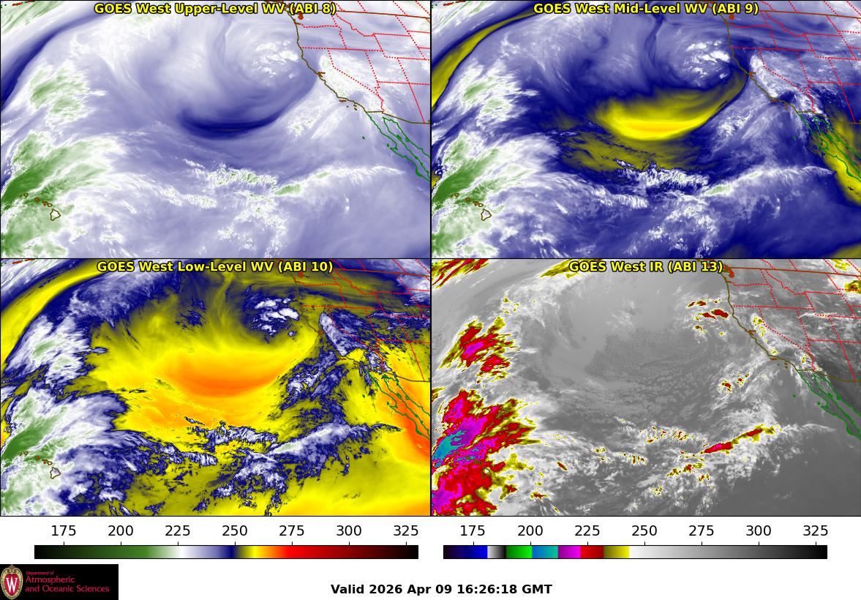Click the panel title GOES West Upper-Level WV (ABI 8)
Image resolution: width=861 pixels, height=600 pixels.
coord(215,9)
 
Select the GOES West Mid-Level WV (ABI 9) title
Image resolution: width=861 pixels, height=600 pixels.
coord(645,9)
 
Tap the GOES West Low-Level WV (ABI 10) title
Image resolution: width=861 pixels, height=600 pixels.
coord(215,267)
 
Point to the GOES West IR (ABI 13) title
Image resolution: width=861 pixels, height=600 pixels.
coord(645,267)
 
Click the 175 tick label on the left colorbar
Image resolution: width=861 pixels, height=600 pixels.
coord(64,531)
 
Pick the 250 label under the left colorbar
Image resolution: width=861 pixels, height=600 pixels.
coord(235,531)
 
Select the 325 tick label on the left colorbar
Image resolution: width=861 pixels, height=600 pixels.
coord(406,531)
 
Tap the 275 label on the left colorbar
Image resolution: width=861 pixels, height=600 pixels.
coord(292,531)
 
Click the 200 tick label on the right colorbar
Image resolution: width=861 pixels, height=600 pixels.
coord(530,531)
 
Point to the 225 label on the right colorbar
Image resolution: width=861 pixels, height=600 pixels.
coord(587,531)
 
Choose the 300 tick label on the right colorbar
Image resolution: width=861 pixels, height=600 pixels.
coord(758,531)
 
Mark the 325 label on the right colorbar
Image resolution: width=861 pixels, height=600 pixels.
coord(815,531)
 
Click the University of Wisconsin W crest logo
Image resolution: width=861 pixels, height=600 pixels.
coord(12,582)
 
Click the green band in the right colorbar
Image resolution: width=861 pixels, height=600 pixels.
coord(518,552)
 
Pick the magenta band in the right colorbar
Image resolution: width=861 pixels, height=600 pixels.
coord(569,552)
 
